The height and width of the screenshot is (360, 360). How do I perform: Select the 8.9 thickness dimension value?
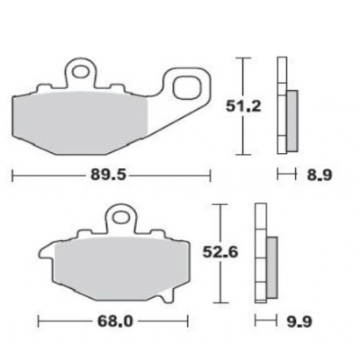tap(319, 176)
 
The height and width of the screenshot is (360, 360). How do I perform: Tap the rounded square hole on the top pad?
tap(189, 87)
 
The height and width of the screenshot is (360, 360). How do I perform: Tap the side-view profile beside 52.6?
tap(263, 256)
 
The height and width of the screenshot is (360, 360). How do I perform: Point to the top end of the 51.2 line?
tap(242, 58)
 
